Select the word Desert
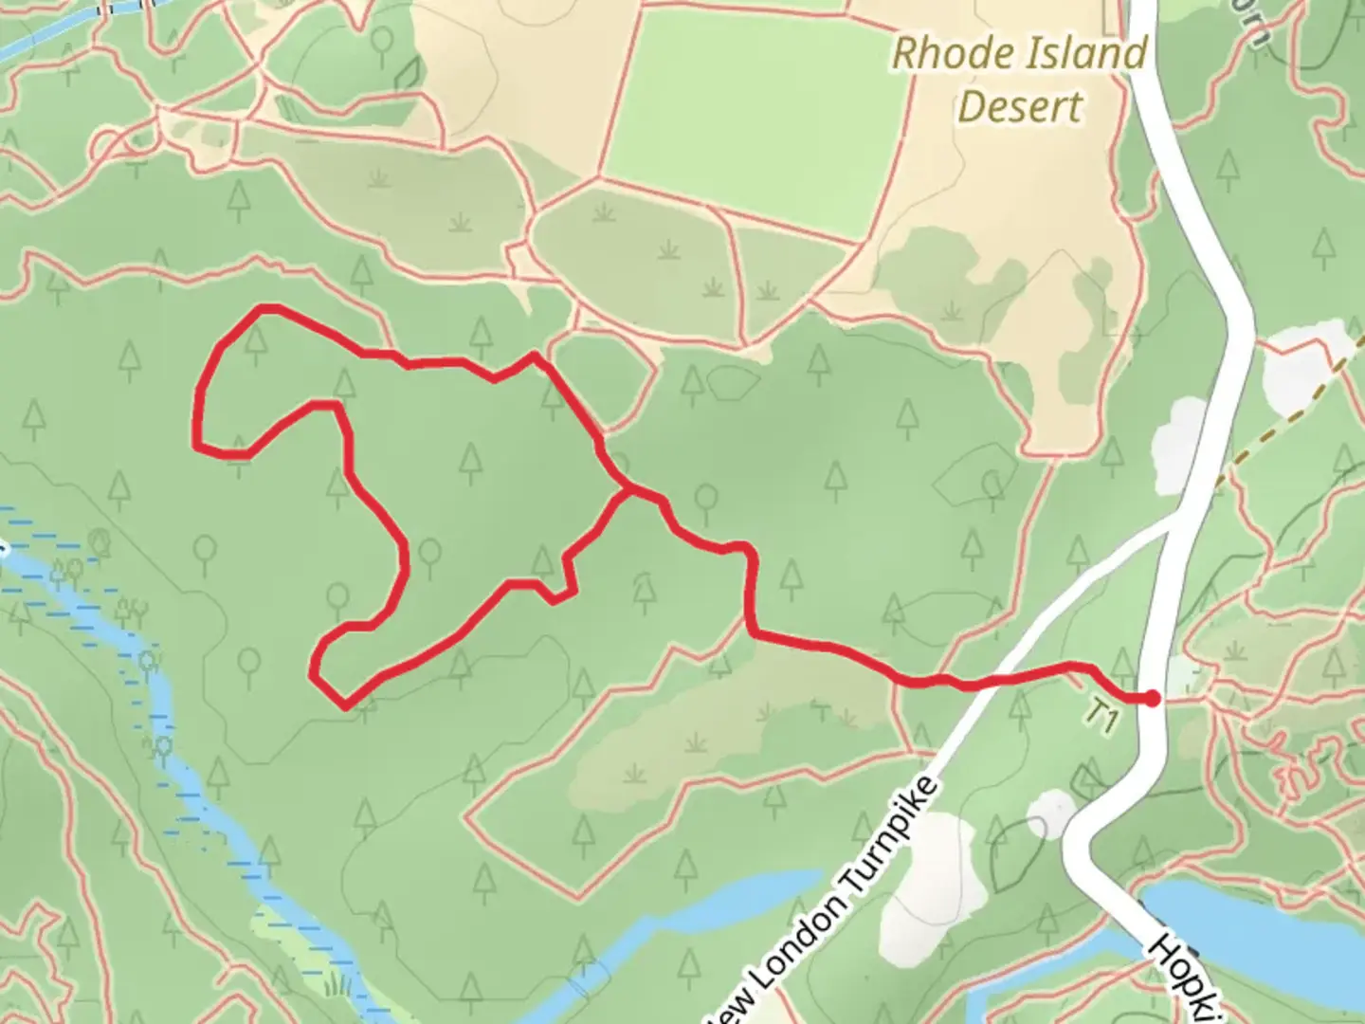click(1019, 107)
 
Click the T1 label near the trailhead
click(1101, 717)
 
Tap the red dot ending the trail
click(1152, 699)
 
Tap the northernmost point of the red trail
click(268, 308)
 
